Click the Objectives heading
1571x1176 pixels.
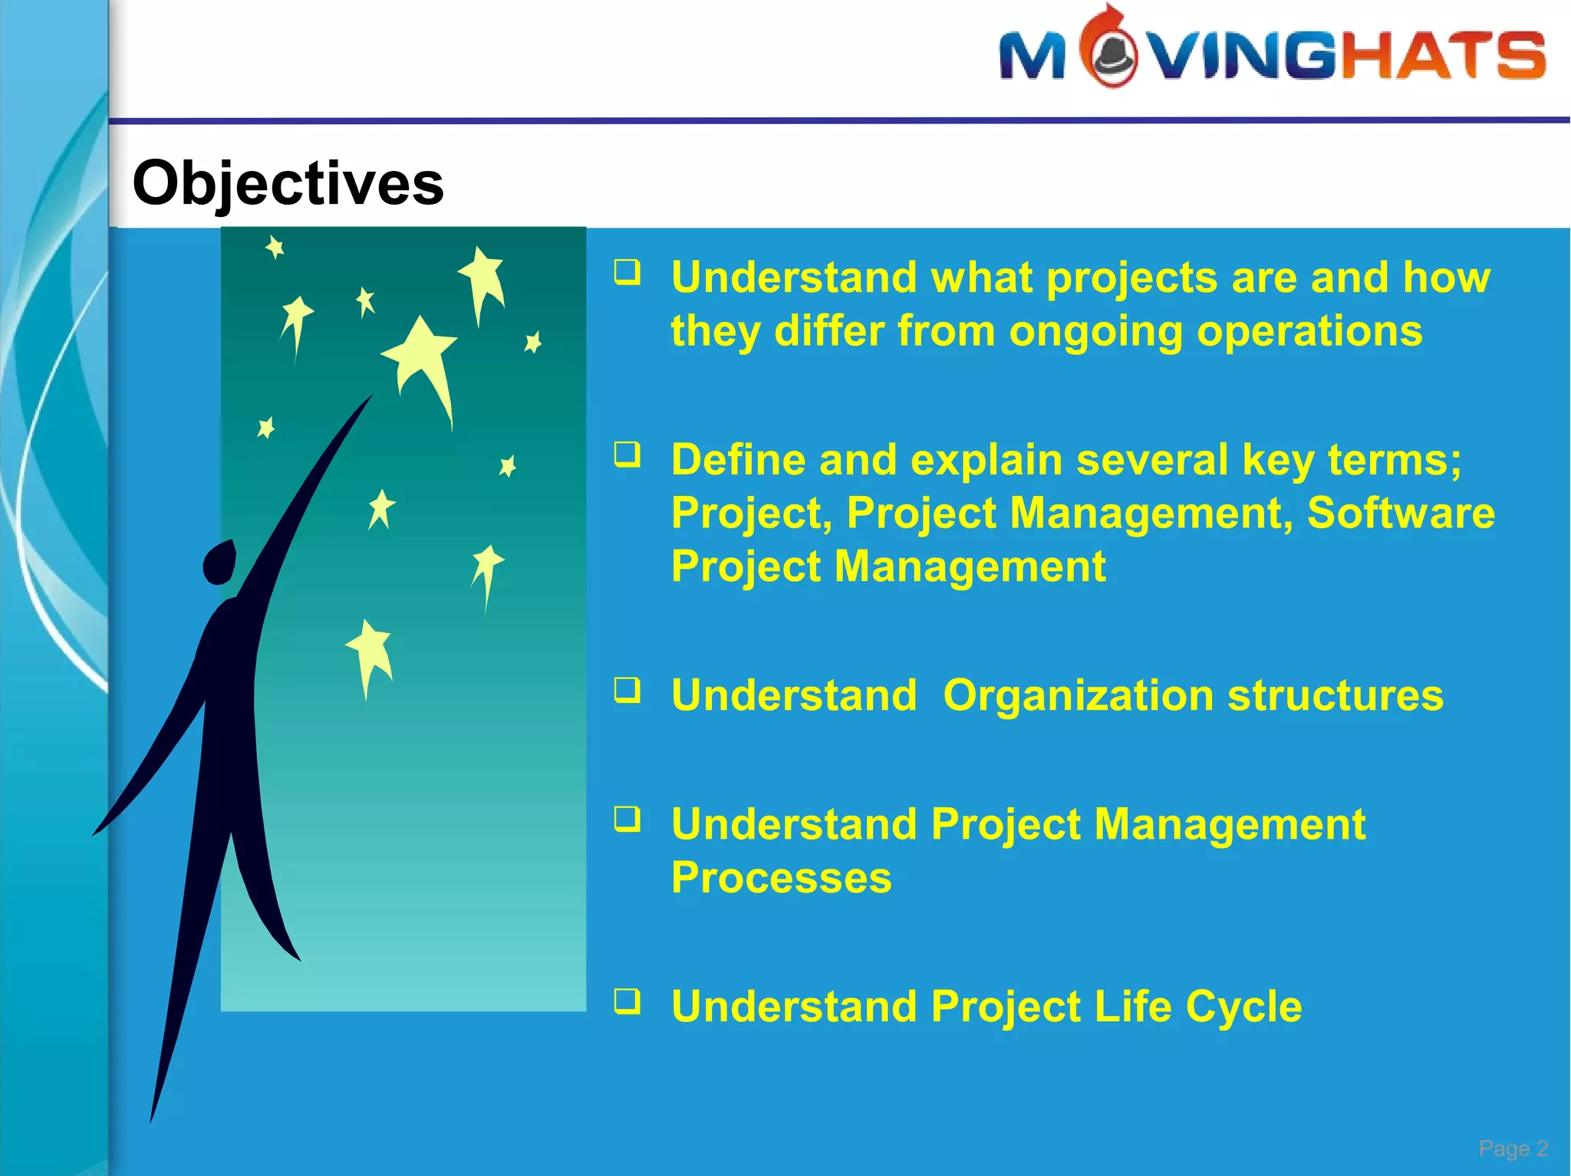click(288, 185)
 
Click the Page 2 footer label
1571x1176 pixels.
click(1513, 1148)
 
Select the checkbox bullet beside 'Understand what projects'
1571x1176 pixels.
click(627, 272)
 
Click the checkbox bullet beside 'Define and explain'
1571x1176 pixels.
click(627, 454)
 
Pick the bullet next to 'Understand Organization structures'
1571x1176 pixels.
click(627, 690)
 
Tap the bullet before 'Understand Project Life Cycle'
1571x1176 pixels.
click(627, 1000)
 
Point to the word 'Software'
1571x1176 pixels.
click(1401, 513)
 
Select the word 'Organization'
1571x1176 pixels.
click(1078, 697)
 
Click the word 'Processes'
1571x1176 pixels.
click(782, 878)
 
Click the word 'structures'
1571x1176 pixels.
click(1336, 697)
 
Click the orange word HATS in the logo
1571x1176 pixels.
click(1443, 54)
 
